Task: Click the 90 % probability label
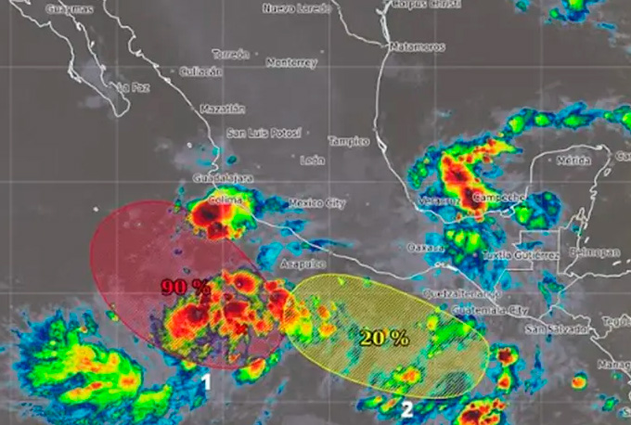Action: pyautogui.click(x=186, y=286)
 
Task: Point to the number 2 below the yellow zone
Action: pyautogui.click(x=406, y=406)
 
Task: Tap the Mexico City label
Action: pyautogui.click(x=316, y=201)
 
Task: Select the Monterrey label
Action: pyautogui.click(x=291, y=63)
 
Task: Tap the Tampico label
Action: pyautogui.click(x=349, y=141)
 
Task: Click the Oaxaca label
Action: pyautogui.click(x=426, y=248)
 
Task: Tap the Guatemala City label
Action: pyautogui.click(x=487, y=308)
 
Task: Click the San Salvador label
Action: pyautogui.click(x=556, y=328)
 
